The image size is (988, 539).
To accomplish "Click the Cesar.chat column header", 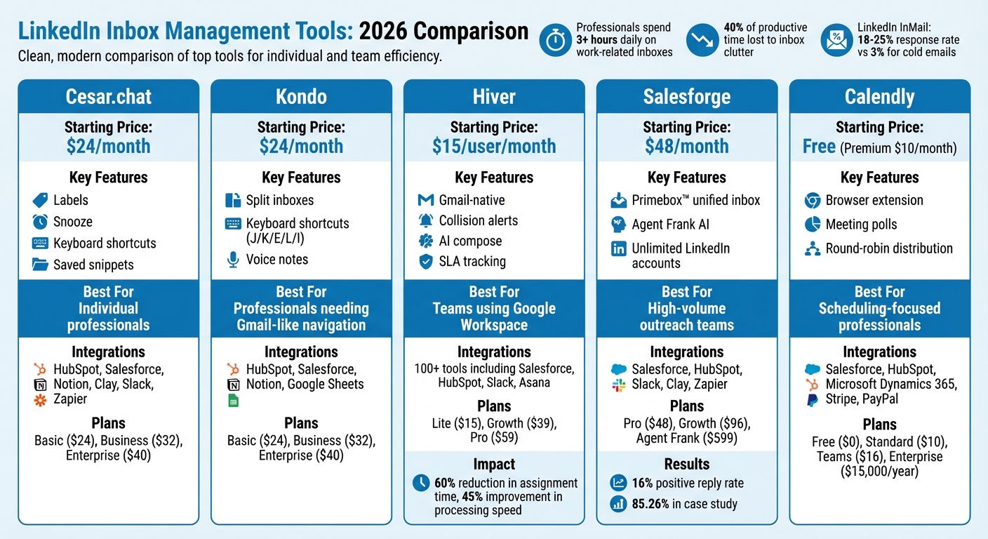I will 108,97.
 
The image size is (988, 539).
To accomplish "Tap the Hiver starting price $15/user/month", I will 494,146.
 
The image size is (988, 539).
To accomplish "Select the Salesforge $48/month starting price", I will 686,146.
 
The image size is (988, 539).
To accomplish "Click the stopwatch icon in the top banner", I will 555,40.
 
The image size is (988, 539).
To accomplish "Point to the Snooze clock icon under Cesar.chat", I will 40,222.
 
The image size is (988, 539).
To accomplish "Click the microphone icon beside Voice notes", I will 233,260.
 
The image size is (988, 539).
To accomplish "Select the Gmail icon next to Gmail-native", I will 425,200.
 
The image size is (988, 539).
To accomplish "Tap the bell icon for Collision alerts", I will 425,220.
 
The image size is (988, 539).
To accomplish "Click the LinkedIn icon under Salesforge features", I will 618,248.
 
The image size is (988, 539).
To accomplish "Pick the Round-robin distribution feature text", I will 889,248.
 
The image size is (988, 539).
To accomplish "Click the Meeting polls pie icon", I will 812,225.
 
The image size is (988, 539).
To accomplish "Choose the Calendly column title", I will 879,97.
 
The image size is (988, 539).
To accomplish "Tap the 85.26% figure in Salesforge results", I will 650,504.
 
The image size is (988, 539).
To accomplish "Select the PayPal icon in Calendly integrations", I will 812,400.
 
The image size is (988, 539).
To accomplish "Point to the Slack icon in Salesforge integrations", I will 618,385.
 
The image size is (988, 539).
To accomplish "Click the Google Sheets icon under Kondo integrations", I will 233,400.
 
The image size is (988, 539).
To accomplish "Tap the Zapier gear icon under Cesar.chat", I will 40,400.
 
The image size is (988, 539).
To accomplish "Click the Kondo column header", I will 301,97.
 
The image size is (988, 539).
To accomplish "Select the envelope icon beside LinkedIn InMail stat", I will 836,40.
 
